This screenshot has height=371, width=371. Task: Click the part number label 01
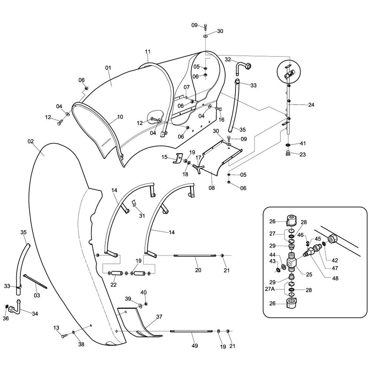coord(108,68)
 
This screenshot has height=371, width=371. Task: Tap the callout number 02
coord(31,141)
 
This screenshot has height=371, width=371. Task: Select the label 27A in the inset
coord(270,289)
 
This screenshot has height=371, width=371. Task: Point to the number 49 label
coord(194,346)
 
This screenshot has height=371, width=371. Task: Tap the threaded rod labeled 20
coord(195,256)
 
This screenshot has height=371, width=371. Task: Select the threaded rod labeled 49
coord(191,331)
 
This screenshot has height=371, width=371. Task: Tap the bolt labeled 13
coord(64,335)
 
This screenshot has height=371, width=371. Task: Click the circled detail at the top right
coord(289,72)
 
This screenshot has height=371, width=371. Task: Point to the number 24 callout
coord(311,105)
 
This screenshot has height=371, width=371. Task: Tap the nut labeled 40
coord(146,304)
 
